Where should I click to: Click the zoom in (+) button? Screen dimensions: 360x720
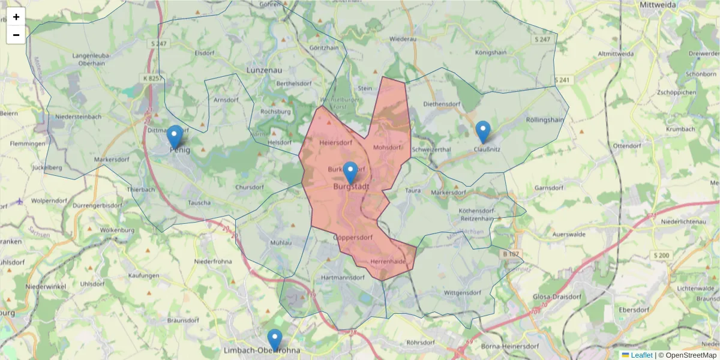pos(16,17)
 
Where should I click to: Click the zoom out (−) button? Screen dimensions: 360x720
pos(16,35)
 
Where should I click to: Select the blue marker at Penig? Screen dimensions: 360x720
pos(175,137)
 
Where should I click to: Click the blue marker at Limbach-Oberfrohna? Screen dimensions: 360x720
pos(275,340)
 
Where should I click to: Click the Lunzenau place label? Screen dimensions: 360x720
pos(264,70)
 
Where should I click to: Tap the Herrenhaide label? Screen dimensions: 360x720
pos(388,262)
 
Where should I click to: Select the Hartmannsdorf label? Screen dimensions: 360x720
pos(343,278)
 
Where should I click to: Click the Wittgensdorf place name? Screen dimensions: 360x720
pos(462,293)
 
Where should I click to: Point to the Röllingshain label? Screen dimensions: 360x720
pos(545,119)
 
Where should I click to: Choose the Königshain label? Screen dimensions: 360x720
pos(491,53)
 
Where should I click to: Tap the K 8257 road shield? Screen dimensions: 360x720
pos(152,78)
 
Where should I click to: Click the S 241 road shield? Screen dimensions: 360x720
pos(562,80)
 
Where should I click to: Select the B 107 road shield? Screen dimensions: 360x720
pos(510,254)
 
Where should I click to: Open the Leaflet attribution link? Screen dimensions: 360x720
pos(641,355)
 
